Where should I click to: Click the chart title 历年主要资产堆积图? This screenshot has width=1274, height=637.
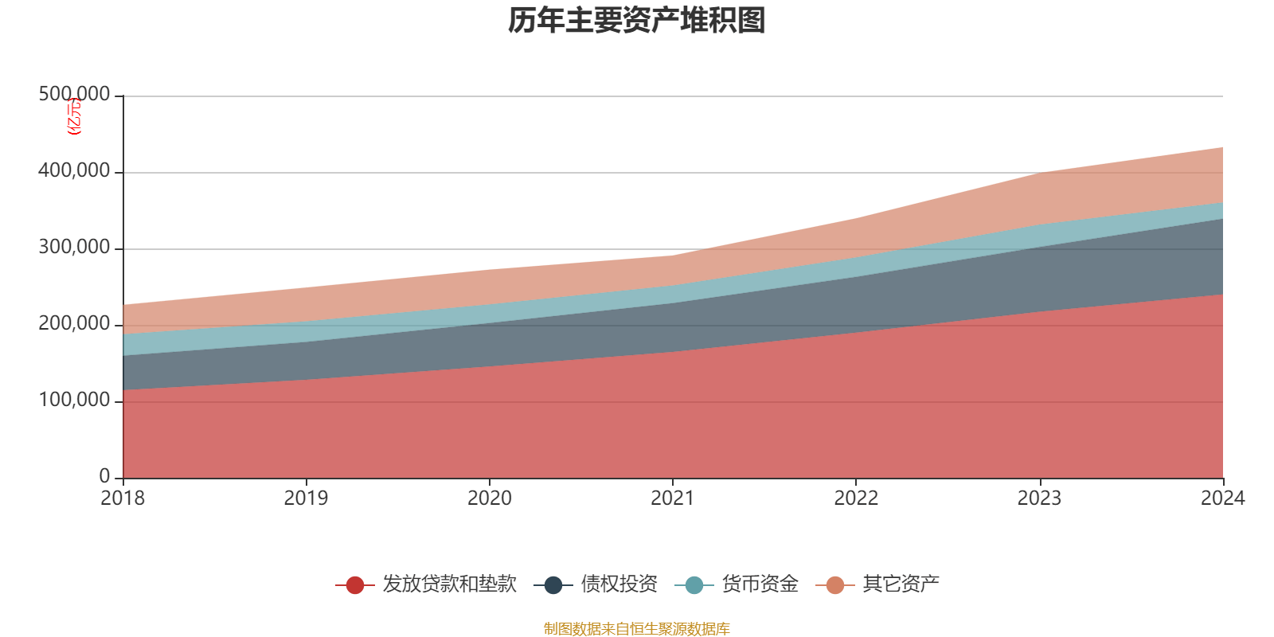pos(637,21)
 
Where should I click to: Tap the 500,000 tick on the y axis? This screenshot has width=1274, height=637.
pos(74,95)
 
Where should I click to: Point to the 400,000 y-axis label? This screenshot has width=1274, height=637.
pos(74,171)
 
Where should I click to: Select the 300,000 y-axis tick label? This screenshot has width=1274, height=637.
pos(74,248)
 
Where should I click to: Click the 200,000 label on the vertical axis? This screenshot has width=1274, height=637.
pos(74,324)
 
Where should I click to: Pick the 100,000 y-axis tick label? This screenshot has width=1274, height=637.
pos(74,401)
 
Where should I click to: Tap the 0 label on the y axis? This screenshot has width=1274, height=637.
pos(104,476)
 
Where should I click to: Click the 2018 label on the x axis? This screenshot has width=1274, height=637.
pos(123,498)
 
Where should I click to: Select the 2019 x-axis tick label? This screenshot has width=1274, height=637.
pos(307,498)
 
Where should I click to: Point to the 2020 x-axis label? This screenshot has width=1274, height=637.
pos(490,498)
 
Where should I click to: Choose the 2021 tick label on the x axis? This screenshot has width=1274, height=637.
pos(673,498)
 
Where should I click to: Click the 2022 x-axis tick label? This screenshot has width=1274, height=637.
pos(856,498)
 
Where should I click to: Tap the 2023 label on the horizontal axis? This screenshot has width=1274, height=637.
pos(1039,498)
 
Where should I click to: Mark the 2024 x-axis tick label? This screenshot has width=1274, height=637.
pos(1222,498)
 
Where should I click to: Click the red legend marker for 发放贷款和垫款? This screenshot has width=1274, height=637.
pos(355,585)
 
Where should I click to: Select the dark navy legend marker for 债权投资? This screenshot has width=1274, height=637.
pos(553,585)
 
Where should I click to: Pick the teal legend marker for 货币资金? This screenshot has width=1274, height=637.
pos(694,585)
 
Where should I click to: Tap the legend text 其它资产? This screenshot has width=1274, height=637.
pos(901,584)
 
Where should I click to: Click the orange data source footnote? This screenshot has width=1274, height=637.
pos(637,629)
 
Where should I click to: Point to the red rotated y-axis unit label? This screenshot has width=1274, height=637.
pos(73,116)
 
